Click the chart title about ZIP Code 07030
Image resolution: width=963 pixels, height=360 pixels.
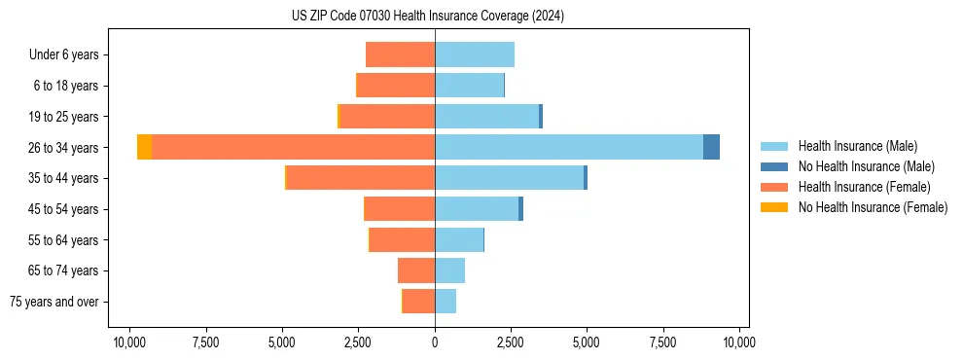coord(427,17)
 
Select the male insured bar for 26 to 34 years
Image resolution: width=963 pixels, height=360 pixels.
coord(569,147)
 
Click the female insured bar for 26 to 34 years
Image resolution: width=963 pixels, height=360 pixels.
coord(293,147)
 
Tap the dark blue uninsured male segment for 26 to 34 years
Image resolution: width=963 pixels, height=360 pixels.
coord(711,147)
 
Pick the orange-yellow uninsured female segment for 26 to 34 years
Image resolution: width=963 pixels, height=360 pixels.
coord(144,147)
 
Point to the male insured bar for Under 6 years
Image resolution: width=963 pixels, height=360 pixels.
coord(475,54)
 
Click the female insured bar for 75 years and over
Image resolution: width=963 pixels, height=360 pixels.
coord(419,302)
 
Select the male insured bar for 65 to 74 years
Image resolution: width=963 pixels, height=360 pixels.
coord(449,270)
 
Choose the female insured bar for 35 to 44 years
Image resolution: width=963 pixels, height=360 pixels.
coord(361,178)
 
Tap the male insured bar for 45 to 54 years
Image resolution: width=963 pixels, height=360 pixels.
coord(477,209)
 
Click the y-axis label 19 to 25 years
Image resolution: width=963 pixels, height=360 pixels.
coord(63,117)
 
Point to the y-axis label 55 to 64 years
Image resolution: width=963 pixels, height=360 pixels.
coord(63,240)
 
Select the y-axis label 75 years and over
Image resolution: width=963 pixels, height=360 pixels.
coord(54,302)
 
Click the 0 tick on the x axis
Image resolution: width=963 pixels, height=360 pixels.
coord(435,342)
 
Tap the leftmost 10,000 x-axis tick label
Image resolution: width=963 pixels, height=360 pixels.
coord(129,342)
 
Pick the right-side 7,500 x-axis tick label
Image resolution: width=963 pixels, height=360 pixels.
coord(663,342)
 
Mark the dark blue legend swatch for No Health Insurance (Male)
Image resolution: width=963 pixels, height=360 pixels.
coord(774,166)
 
